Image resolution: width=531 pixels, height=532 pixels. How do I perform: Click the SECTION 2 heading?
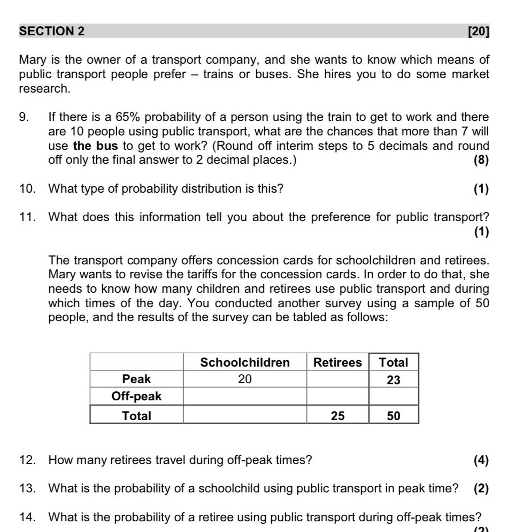pyautogui.click(x=52, y=31)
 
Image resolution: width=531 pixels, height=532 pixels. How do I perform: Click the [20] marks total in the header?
pyautogui.click(x=478, y=31)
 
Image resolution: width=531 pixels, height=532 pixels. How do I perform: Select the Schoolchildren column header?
pyautogui.click(x=245, y=362)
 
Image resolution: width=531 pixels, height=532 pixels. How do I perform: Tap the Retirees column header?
pyautogui.click(x=337, y=362)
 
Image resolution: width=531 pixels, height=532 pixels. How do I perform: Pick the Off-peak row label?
pyautogui.click(x=136, y=397)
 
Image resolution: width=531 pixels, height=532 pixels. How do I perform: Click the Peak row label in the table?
pyautogui.click(x=136, y=379)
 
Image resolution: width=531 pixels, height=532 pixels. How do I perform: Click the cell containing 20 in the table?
pyautogui.click(x=245, y=379)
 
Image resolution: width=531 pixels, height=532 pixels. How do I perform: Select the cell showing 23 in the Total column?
pyautogui.click(x=393, y=380)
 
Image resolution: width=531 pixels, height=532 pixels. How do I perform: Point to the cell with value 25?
pyautogui.click(x=337, y=416)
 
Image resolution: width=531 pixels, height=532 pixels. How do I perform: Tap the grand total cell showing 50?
pyautogui.click(x=393, y=416)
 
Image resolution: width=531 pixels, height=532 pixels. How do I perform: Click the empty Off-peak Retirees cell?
pyautogui.click(x=337, y=397)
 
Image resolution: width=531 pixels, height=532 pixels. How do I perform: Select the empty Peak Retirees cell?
pyautogui.click(x=337, y=379)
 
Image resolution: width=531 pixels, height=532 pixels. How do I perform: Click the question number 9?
pyautogui.click(x=24, y=117)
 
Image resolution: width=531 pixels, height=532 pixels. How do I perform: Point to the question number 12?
pyautogui.click(x=27, y=460)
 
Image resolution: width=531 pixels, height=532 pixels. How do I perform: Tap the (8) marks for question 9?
pyautogui.click(x=481, y=159)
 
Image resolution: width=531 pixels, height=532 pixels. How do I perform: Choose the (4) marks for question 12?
pyautogui.click(x=481, y=460)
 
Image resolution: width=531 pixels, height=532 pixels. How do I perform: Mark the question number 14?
pyautogui.click(x=27, y=518)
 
